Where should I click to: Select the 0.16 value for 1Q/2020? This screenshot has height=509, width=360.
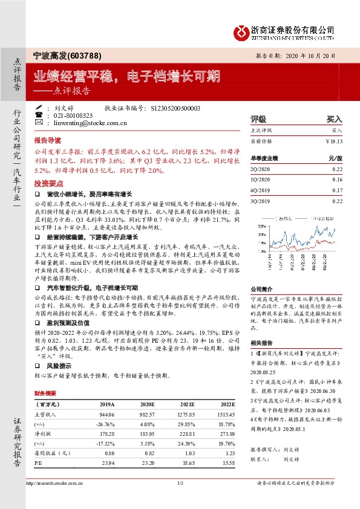(x=337, y=180)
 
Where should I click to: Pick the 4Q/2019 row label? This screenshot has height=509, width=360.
(x=260, y=190)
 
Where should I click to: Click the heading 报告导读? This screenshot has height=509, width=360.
(x=48, y=139)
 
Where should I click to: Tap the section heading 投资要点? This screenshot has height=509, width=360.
(x=48, y=182)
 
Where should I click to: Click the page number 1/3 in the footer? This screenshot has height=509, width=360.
(x=180, y=482)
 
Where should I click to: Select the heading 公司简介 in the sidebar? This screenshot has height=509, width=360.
(x=262, y=290)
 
